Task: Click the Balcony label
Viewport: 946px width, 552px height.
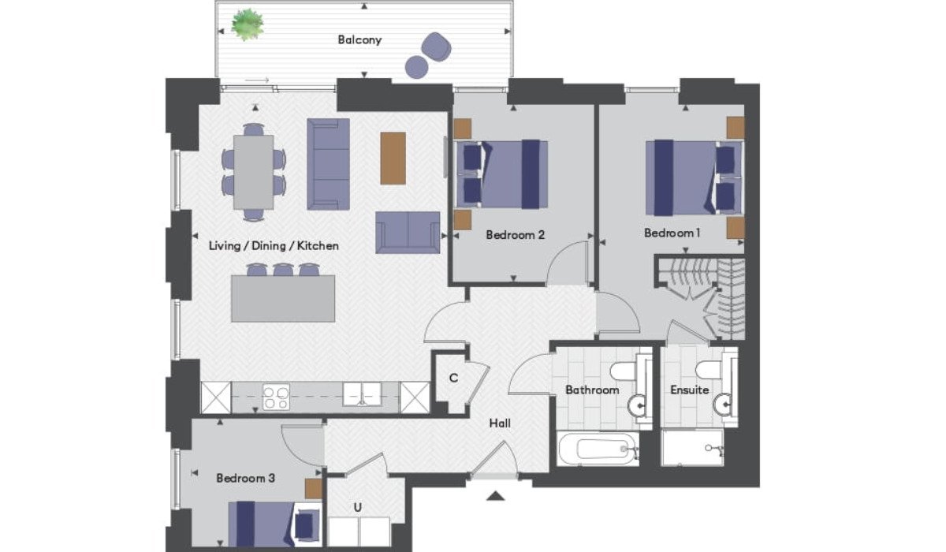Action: [x=359, y=39]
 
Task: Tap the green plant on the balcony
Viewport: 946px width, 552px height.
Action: [x=248, y=24]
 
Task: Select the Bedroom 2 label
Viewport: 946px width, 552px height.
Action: [x=516, y=234]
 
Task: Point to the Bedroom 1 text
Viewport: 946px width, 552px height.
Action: [x=672, y=233]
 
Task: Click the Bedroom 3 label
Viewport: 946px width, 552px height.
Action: [x=245, y=478]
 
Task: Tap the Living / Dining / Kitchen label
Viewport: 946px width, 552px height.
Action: [x=274, y=245]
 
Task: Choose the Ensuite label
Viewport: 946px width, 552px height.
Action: [x=690, y=390]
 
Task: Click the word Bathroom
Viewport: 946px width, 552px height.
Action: [x=592, y=390]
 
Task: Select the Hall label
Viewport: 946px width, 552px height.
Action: [x=500, y=423]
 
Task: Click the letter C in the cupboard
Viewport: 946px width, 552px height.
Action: [x=453, y=378]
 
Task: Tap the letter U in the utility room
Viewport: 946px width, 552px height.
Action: [x=358, y=507]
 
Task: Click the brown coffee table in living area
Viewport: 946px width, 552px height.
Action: [x=393, y=159]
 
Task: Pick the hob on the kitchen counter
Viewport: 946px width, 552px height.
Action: [x=276, y=397]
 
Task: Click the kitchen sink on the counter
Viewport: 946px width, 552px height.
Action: [x=362, y=394]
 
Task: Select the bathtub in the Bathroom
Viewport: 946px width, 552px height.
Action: [x=598, y=449]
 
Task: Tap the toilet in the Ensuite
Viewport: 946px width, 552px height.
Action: [x=708, y=371]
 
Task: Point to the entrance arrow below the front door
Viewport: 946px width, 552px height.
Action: [x=495, y=496]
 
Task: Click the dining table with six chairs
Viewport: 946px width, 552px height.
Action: [x=253, y=172]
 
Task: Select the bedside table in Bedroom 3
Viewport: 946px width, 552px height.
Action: [x=314, y=489]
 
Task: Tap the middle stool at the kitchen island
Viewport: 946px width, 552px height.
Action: [x=282, y=270]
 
